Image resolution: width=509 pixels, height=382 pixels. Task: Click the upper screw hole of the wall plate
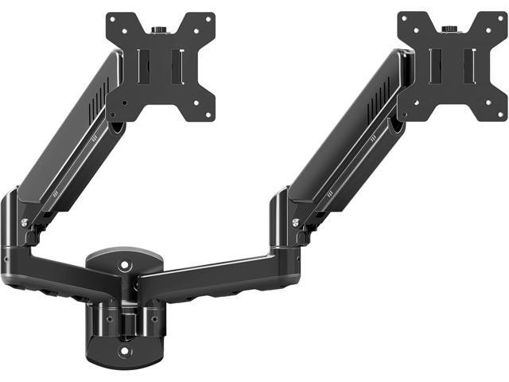tap(123, 263)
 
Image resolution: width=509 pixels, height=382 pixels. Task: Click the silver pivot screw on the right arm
tap(296, 222)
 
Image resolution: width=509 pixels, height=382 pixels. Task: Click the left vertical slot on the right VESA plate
tap(433, 64)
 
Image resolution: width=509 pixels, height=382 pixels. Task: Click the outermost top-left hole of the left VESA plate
tap(115, 19)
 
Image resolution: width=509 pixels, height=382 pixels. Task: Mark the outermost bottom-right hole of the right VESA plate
tap(497, 110)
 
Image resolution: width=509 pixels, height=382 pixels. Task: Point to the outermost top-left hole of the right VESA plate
tap(406, 18)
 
